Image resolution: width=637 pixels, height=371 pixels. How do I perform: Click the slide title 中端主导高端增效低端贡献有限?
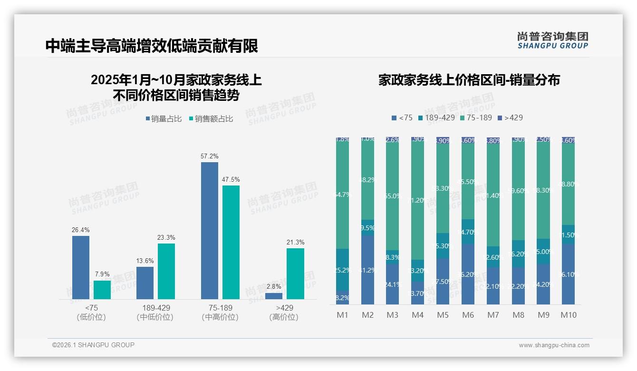click(152, 46)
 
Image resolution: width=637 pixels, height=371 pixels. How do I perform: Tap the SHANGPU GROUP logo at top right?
click(552, 40)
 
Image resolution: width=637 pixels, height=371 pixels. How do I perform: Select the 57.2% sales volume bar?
click(209, 230)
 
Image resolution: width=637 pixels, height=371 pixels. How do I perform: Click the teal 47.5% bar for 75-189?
click(231, 242)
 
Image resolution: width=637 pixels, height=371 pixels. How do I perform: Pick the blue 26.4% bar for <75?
click(81, 267)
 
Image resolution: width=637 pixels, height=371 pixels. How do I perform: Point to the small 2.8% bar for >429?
click(274, 296)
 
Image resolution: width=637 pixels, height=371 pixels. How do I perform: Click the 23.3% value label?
click(166, 237)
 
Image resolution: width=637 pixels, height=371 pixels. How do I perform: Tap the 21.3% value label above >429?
click(295, 242)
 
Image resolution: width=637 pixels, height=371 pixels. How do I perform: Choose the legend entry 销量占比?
click(163, 119)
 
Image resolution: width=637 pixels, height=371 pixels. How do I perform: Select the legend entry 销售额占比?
click(211, 119)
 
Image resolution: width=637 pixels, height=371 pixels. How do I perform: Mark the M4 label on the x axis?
click(417, 315)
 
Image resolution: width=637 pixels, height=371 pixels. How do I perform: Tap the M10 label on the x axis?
click(568, 315)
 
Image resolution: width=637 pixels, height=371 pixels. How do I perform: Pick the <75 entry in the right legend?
click(402, 117)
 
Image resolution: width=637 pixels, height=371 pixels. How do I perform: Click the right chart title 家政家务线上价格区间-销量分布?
click(469, 80)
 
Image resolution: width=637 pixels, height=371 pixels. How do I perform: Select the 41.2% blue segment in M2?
click(367, 270)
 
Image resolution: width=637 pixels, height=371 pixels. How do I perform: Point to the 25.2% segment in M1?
click(342, 270)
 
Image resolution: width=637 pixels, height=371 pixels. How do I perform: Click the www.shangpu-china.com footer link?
click(554, 345)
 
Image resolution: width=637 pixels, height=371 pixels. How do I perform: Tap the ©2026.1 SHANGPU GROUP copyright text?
click(93, 345)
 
